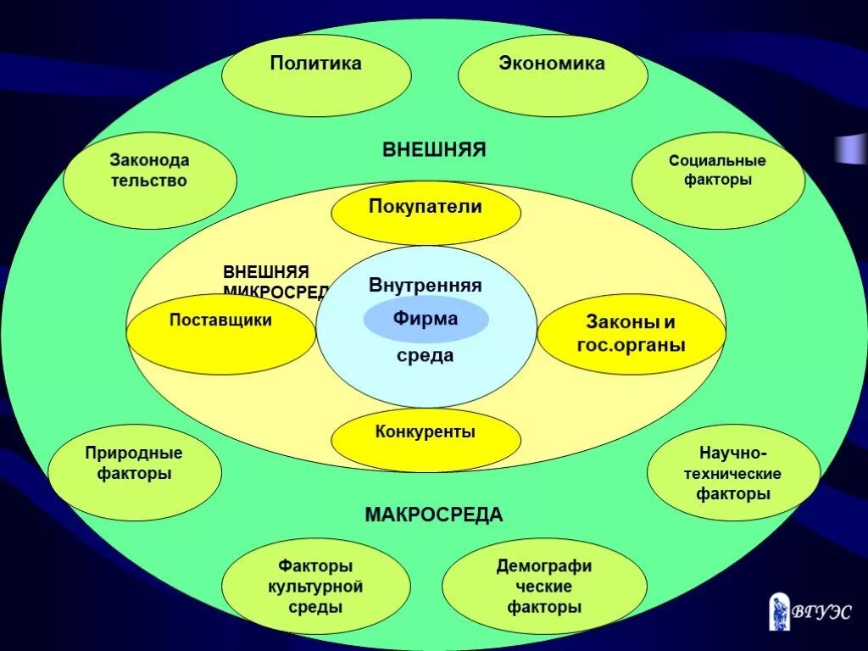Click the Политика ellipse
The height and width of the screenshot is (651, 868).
coord(316,75)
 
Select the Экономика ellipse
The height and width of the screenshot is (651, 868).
coord(553,75)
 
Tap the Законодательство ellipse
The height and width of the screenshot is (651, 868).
coord(149,181)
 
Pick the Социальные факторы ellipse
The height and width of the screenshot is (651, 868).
coord(717,181)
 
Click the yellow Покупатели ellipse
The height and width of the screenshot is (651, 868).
coord(426,213)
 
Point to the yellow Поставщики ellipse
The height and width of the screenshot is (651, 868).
coord(220,333)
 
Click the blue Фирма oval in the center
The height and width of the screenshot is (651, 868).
coord(426,320)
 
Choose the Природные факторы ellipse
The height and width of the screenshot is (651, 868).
coord(134,472)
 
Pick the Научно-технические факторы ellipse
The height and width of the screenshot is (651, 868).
coord(733,472)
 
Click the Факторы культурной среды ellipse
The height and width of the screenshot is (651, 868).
coord(315,586)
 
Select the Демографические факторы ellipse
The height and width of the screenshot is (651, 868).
coord(544,586)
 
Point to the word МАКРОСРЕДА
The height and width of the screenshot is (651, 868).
coord(434,515)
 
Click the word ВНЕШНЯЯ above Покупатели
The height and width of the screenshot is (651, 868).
coord(434,150)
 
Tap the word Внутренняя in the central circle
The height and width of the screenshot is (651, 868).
coord(426,286)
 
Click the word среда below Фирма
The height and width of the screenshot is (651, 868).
coord(426,356)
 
